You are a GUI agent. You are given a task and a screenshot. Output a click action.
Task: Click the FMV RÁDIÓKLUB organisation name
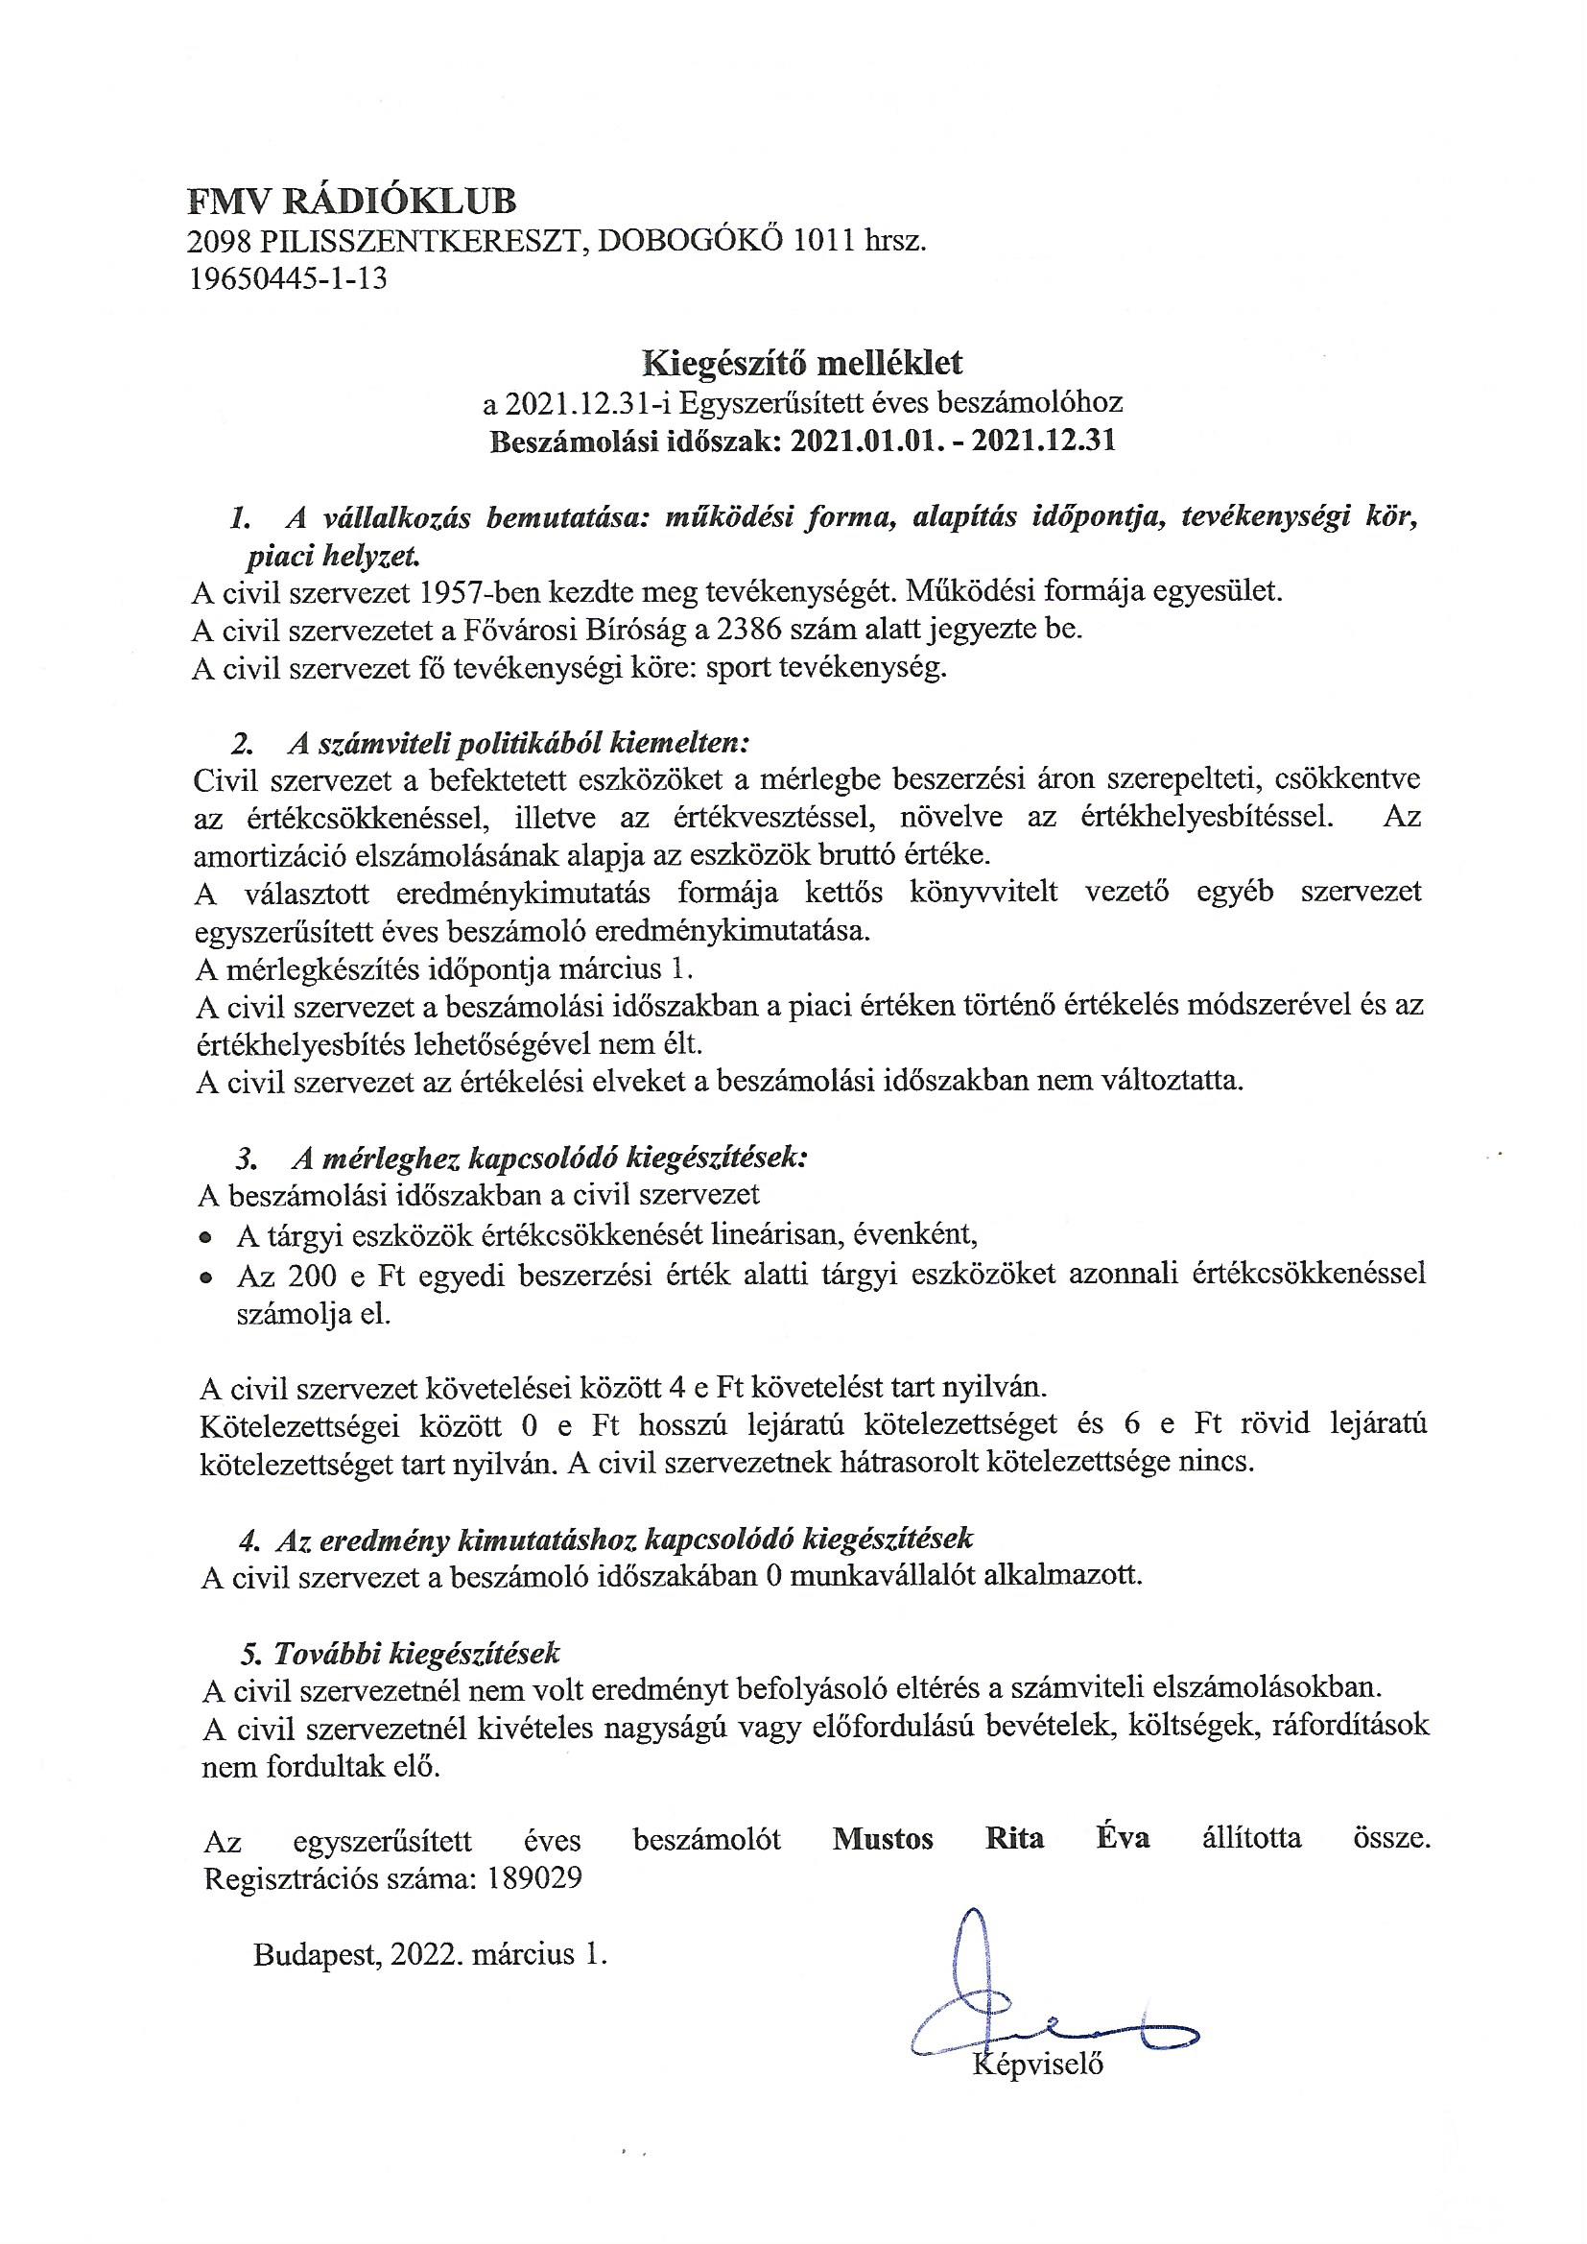(x=352, y=203)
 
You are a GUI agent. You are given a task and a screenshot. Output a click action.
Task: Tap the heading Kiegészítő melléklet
(x=801, y=363)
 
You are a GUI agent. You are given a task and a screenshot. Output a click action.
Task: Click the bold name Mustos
(x=883, y=1838)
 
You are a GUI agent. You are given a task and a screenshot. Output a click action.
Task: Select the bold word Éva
(x=1121, y=1838)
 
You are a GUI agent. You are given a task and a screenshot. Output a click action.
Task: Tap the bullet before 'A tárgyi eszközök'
(x=205, y=1236)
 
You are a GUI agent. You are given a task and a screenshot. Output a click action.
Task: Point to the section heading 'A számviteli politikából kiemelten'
(x=518, y=743)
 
